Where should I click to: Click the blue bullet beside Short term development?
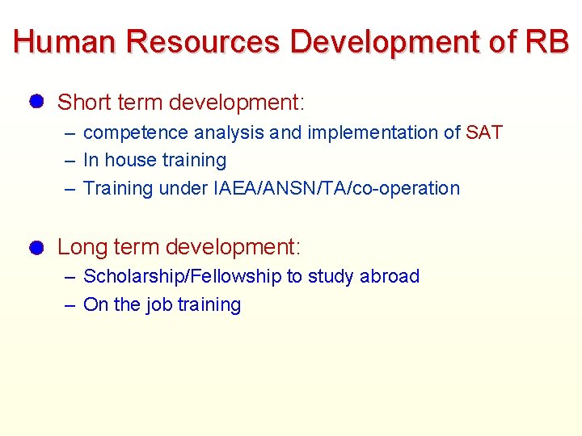pos(35,102)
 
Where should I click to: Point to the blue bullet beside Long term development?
pos(35,247)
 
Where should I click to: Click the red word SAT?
pos(484,132)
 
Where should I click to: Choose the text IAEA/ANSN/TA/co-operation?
pos(336,188)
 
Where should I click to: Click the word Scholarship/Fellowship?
pos(183,276)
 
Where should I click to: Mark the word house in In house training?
pos(129,161)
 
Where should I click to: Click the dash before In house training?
pos(70,161)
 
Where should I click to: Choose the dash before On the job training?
pos(70,305)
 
